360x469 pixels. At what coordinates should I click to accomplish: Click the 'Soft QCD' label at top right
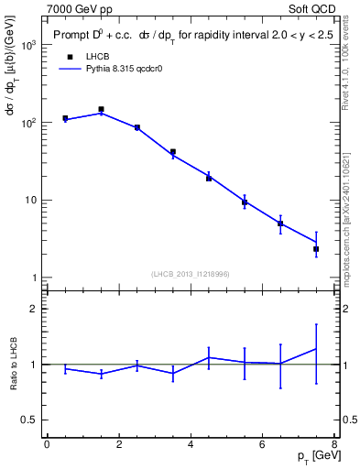311,7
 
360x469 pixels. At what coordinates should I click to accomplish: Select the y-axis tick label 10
31,200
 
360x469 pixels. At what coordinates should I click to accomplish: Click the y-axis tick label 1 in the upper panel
35,278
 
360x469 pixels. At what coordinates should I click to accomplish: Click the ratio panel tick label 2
35,309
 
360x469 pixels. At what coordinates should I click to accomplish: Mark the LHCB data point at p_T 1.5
101,109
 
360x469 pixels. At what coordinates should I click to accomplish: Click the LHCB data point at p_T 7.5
316,248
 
